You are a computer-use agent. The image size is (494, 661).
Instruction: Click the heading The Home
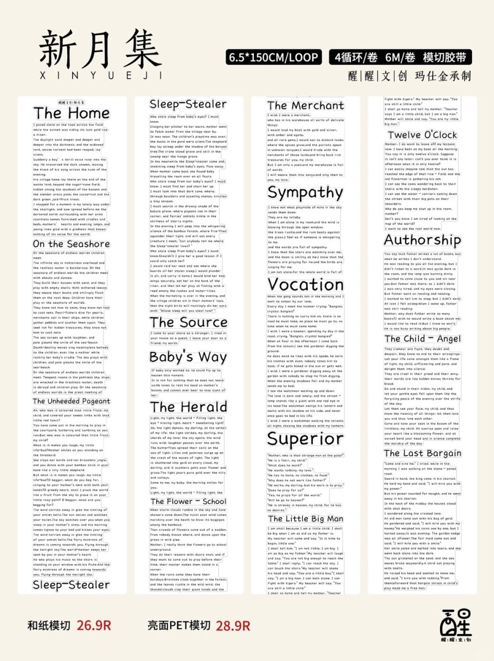coord(72,113)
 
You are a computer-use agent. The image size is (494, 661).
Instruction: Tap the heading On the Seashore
coord(71,244)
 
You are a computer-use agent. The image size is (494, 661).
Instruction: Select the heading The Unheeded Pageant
coord(71,401)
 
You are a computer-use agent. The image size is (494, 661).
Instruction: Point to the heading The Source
coord(188,322)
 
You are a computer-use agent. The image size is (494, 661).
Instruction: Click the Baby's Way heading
coord(188,357)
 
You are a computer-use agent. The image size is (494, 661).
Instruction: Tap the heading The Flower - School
coord(188,501)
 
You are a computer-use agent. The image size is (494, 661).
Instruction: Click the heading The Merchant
coord(305,105)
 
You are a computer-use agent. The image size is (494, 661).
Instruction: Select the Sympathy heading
coord(305,193)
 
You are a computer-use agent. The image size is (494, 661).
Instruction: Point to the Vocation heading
coord(305,285)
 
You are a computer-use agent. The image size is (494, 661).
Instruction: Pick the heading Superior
coord(305,439)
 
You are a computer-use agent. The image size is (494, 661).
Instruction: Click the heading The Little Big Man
coord(305,518)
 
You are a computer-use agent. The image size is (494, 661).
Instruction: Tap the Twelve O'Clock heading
coord(422,135)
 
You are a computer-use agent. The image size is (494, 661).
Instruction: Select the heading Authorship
coord(422,240)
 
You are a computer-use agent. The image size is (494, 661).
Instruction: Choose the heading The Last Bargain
coord(422,453)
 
